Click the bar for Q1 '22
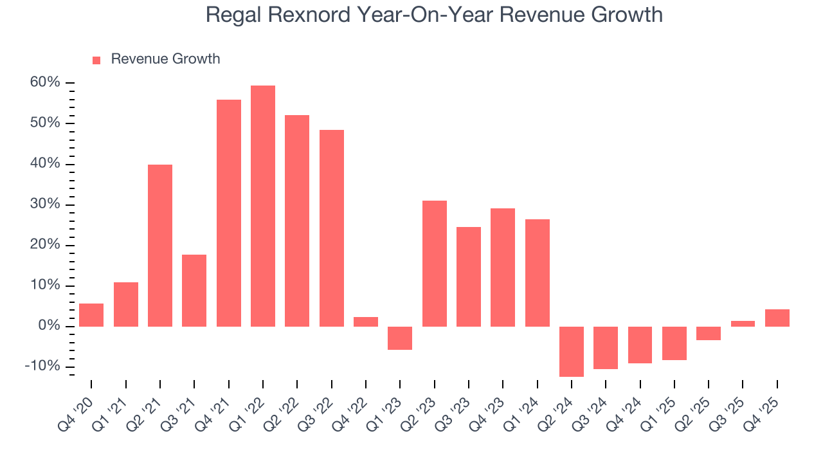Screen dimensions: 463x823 click(x=263, y=206)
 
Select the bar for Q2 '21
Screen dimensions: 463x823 click(x=160, y=246)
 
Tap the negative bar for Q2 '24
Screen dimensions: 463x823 click(x=572, y=351)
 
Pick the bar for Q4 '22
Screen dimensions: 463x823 click(x=366, y=322)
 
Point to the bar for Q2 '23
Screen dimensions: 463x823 click(x=435, y=264)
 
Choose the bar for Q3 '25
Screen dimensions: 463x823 click(x=743, y=323)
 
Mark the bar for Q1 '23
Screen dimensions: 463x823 click(x=400, y=338)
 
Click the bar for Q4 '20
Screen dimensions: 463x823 click(x=91, y=315)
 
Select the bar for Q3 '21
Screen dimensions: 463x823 click(x=194, y=291)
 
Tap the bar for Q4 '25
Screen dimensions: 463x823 click(x=777, y=318)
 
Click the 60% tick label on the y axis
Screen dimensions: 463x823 click(x=44, y=82)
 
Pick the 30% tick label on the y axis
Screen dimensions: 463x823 click(x=44, y=204)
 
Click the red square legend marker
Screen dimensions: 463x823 click(x=96, y=60)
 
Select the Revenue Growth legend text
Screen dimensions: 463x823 click(x=165, y=59)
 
